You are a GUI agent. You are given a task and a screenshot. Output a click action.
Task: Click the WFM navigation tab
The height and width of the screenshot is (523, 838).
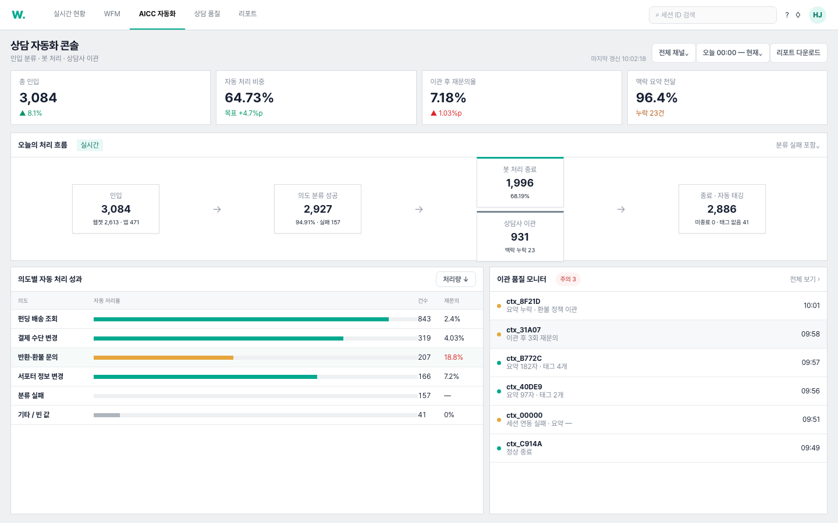pyautogui.click(x=112, y=14)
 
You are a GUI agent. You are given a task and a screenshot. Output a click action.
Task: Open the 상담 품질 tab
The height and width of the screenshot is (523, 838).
pyautogui.click(x=207, y=14)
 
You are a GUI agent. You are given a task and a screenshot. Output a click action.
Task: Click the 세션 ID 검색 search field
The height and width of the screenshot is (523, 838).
pyautogui.click(x=712, y=15)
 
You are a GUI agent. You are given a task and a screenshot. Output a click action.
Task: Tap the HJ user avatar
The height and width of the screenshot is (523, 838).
pyautogui.click(x=817, y=15)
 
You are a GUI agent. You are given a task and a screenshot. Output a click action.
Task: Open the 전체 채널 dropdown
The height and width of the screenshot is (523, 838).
pyautogui.click(x=673, y=53)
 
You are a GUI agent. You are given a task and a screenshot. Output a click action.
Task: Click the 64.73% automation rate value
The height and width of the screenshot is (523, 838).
pyautogui.click(x=249, y=98)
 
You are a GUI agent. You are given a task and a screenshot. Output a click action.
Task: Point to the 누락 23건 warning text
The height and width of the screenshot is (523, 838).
pyautogui.click(x=650, y=113)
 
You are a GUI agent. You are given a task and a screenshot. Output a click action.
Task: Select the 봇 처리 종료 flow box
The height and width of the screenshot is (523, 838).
pyautogui.click(x=520, y=182)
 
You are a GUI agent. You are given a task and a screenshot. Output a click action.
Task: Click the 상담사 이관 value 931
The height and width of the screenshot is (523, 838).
pyautogui.click(x=520, y=237)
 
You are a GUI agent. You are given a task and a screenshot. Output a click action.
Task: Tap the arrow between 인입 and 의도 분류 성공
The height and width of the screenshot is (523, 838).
pyautogui.click(x=217, y=209)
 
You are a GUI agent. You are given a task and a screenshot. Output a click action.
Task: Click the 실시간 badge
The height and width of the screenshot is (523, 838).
pyautogui.click(x=90, y=145)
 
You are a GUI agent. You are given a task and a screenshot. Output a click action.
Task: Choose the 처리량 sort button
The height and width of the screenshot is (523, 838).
pyautogui.click(x=456, y=279)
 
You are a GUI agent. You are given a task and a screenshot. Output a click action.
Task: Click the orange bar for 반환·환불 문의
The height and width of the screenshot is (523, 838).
pyautogui.click(x=164, y=357)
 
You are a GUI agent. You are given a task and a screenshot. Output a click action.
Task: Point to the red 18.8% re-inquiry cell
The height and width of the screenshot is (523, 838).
pyautogui.click(x=453, y=357)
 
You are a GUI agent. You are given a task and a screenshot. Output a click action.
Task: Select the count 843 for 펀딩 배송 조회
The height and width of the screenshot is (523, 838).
pyautogui.click(x=424, y=318)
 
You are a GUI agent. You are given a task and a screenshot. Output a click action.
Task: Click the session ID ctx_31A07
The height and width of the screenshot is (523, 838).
pyautogui.click(x=523, y=330)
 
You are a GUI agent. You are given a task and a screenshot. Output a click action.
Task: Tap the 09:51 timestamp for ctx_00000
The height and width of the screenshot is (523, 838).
pyautogui.click(x=811, y=419)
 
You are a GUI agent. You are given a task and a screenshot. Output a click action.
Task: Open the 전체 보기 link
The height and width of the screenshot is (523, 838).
pyautogui.click(x=804, y=279)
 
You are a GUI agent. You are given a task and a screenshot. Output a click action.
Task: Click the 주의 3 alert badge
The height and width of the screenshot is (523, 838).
pyautogui.click(x=568, y=279)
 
